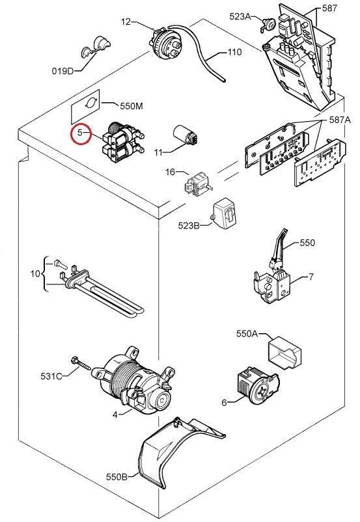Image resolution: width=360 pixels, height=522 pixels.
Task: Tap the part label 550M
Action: point(132,106)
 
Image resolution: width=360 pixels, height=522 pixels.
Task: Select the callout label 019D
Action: point(62,71)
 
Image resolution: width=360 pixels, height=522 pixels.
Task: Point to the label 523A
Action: point(240,16)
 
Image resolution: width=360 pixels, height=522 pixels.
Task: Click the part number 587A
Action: point(340,120)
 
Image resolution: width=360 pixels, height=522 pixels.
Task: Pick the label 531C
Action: point(51,376)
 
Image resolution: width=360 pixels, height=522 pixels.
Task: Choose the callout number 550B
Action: point(117,476)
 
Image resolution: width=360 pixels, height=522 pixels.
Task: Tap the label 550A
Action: point(247,333)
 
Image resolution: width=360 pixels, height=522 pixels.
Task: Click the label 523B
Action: point(189,225)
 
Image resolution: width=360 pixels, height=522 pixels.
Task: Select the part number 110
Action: point(234,52)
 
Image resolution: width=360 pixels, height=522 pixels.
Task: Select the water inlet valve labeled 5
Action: point(124,142)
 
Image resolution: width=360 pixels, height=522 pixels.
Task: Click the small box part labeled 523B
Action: point(225,214)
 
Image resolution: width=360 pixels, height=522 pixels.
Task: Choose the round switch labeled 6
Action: point(258,385)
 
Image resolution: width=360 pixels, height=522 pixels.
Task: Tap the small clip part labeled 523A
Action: point(267,24)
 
